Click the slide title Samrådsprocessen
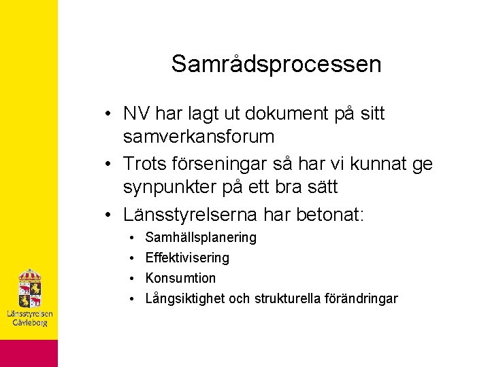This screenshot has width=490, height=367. coord(276,64)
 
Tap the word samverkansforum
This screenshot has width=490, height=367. coord(199,137)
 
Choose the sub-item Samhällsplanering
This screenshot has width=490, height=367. coord(201,238)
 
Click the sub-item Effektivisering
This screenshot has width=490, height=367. coord(187,258)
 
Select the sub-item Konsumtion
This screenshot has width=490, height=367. coord(180,279)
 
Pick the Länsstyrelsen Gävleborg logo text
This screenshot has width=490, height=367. coord(29,318)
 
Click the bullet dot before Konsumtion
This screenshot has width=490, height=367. coord(129,279)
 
